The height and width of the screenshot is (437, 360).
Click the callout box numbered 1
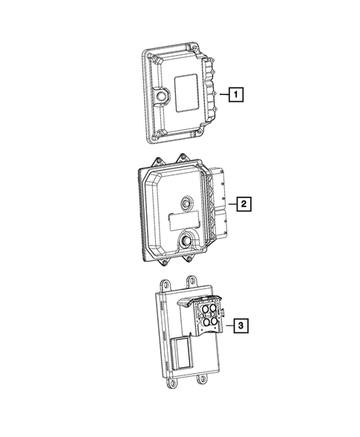235,94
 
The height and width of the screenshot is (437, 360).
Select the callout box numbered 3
240,323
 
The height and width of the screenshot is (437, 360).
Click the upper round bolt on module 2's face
185,200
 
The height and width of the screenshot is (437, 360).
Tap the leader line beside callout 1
222,94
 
